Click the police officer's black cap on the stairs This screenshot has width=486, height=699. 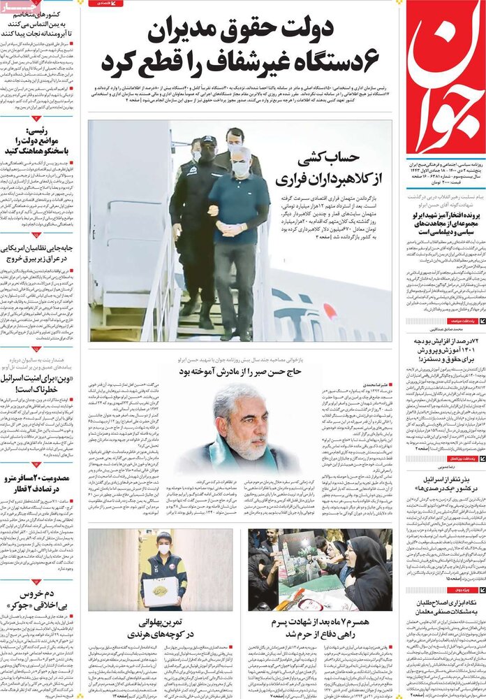click(208, 141)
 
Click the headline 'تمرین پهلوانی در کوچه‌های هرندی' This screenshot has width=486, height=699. click(161, 627)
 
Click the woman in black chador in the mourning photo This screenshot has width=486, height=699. click(368, 579)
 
